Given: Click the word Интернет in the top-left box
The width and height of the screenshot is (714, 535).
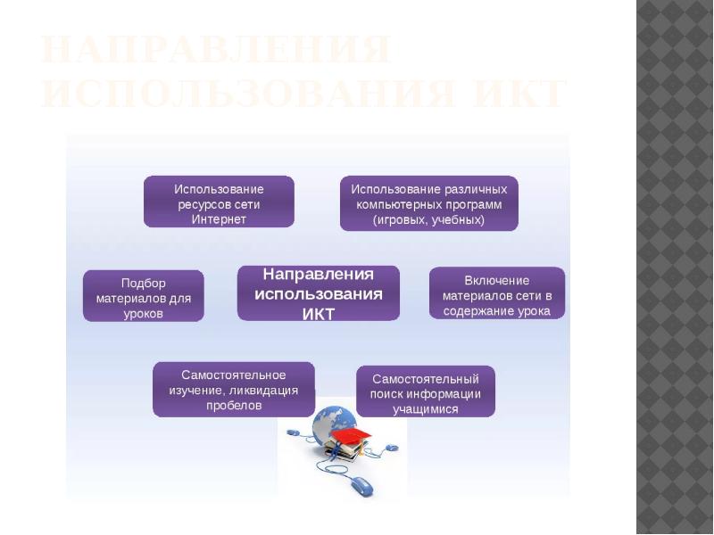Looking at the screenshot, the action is (219, 219).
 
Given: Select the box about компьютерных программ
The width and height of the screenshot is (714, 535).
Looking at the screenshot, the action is (428, 203).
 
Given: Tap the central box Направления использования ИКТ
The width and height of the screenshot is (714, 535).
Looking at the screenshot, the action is (318, 292).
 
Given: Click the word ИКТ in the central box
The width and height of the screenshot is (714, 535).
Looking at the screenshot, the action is (318, 313).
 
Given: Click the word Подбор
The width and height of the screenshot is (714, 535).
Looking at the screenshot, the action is (144, 283).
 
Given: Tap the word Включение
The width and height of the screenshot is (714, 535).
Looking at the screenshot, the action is (497, 280).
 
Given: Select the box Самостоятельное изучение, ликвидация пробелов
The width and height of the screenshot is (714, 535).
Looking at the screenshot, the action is (234, 390).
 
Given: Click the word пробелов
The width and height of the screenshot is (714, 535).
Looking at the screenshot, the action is (234, 406).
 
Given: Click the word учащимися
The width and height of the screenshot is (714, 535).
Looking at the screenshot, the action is (426, 409).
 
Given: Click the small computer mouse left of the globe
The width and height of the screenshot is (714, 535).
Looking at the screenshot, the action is (293, 432).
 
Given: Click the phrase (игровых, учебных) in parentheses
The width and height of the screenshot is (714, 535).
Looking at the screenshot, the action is (428, 219).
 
